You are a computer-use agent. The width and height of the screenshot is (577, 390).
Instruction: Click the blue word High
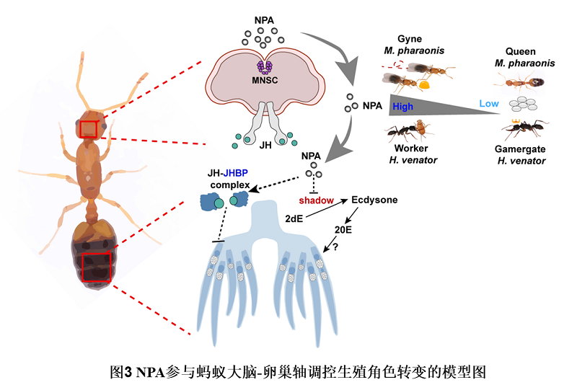[403, 106]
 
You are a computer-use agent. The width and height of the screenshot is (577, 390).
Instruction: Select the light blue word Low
[489, 104]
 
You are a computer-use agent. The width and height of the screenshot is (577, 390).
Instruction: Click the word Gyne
[410, 38]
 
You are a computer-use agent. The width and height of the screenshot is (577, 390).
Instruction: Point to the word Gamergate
[520, 149]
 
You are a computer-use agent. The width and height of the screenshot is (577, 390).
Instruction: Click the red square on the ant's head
[88, 128]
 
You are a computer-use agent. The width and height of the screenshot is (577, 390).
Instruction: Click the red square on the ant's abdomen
[95, 266]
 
